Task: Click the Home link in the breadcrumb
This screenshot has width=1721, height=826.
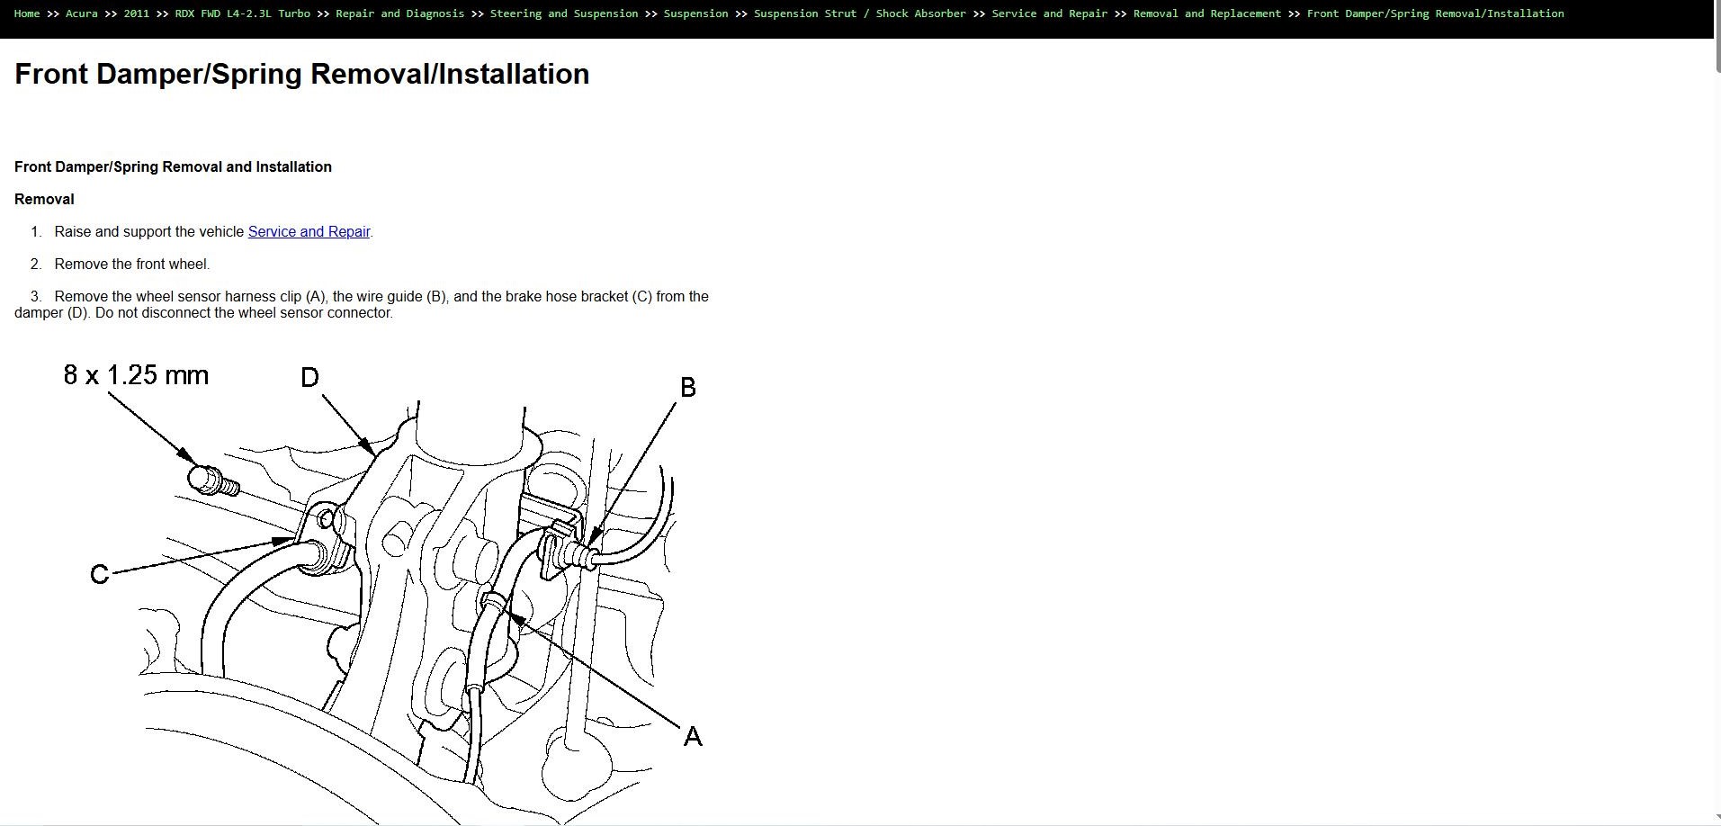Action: tap(27, 13)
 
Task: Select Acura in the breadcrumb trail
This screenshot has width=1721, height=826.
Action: tap(81, 13)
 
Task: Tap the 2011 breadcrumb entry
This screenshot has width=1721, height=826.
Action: tap(136, 13)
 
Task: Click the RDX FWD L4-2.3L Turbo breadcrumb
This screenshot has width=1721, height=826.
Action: tap(242, 13)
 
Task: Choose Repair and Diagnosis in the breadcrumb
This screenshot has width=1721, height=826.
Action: tap(399, 13)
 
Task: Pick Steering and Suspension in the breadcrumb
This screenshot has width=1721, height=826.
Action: tap(563, 13)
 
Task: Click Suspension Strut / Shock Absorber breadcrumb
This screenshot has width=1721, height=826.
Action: tap(859, 13)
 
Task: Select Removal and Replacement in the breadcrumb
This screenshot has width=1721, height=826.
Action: tap(1206, 13)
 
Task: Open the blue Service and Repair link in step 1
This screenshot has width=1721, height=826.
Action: tap(309, 232)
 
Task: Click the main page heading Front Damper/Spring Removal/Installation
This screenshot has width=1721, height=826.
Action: tap(301, 74)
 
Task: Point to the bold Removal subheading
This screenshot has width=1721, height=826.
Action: tap(44, 200)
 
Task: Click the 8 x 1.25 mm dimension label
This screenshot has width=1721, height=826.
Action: tap(136, 375)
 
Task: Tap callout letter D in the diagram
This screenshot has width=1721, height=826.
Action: tap(309, 378)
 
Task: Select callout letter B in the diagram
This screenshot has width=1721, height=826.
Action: tap(688, 388)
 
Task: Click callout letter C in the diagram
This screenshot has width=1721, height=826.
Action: tap(99, 574)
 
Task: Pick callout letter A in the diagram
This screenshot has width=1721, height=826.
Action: tap(692, 737)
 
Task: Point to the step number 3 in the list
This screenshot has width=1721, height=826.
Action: tap(36, 297)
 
